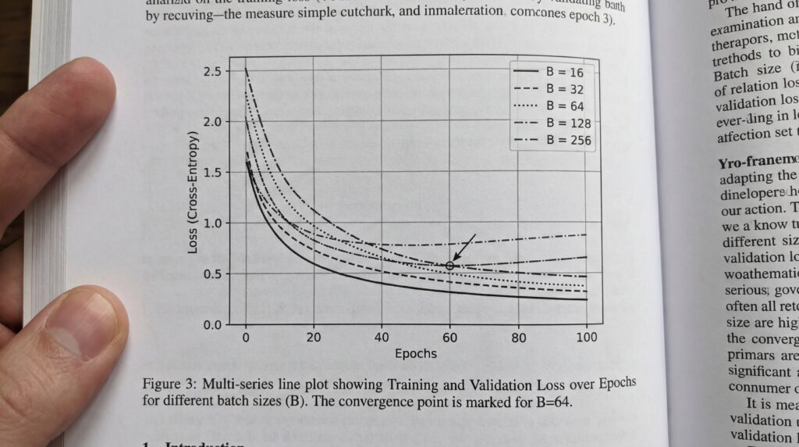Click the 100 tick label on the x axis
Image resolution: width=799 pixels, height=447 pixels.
click(586, 338)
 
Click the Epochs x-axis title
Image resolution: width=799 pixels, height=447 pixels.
click(415, 353)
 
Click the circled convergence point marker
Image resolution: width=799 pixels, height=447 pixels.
click(450, 266)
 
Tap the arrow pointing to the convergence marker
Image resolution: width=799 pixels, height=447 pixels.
click(465, 248)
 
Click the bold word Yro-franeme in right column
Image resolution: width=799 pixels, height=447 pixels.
click(755, 165)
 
